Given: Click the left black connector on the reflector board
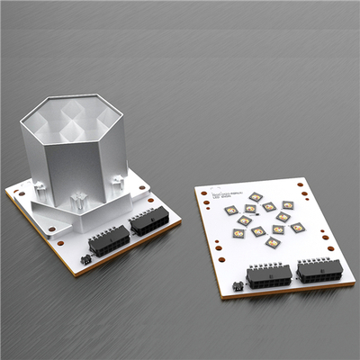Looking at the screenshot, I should coord(108,242).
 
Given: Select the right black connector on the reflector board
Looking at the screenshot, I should coord(148,222).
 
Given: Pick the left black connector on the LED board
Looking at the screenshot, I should coord(267,275).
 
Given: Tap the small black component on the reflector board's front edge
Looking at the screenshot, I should coord(85,259).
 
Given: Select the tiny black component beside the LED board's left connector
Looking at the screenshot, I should coord(238,285).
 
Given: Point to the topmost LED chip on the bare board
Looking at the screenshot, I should coord(256,197).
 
